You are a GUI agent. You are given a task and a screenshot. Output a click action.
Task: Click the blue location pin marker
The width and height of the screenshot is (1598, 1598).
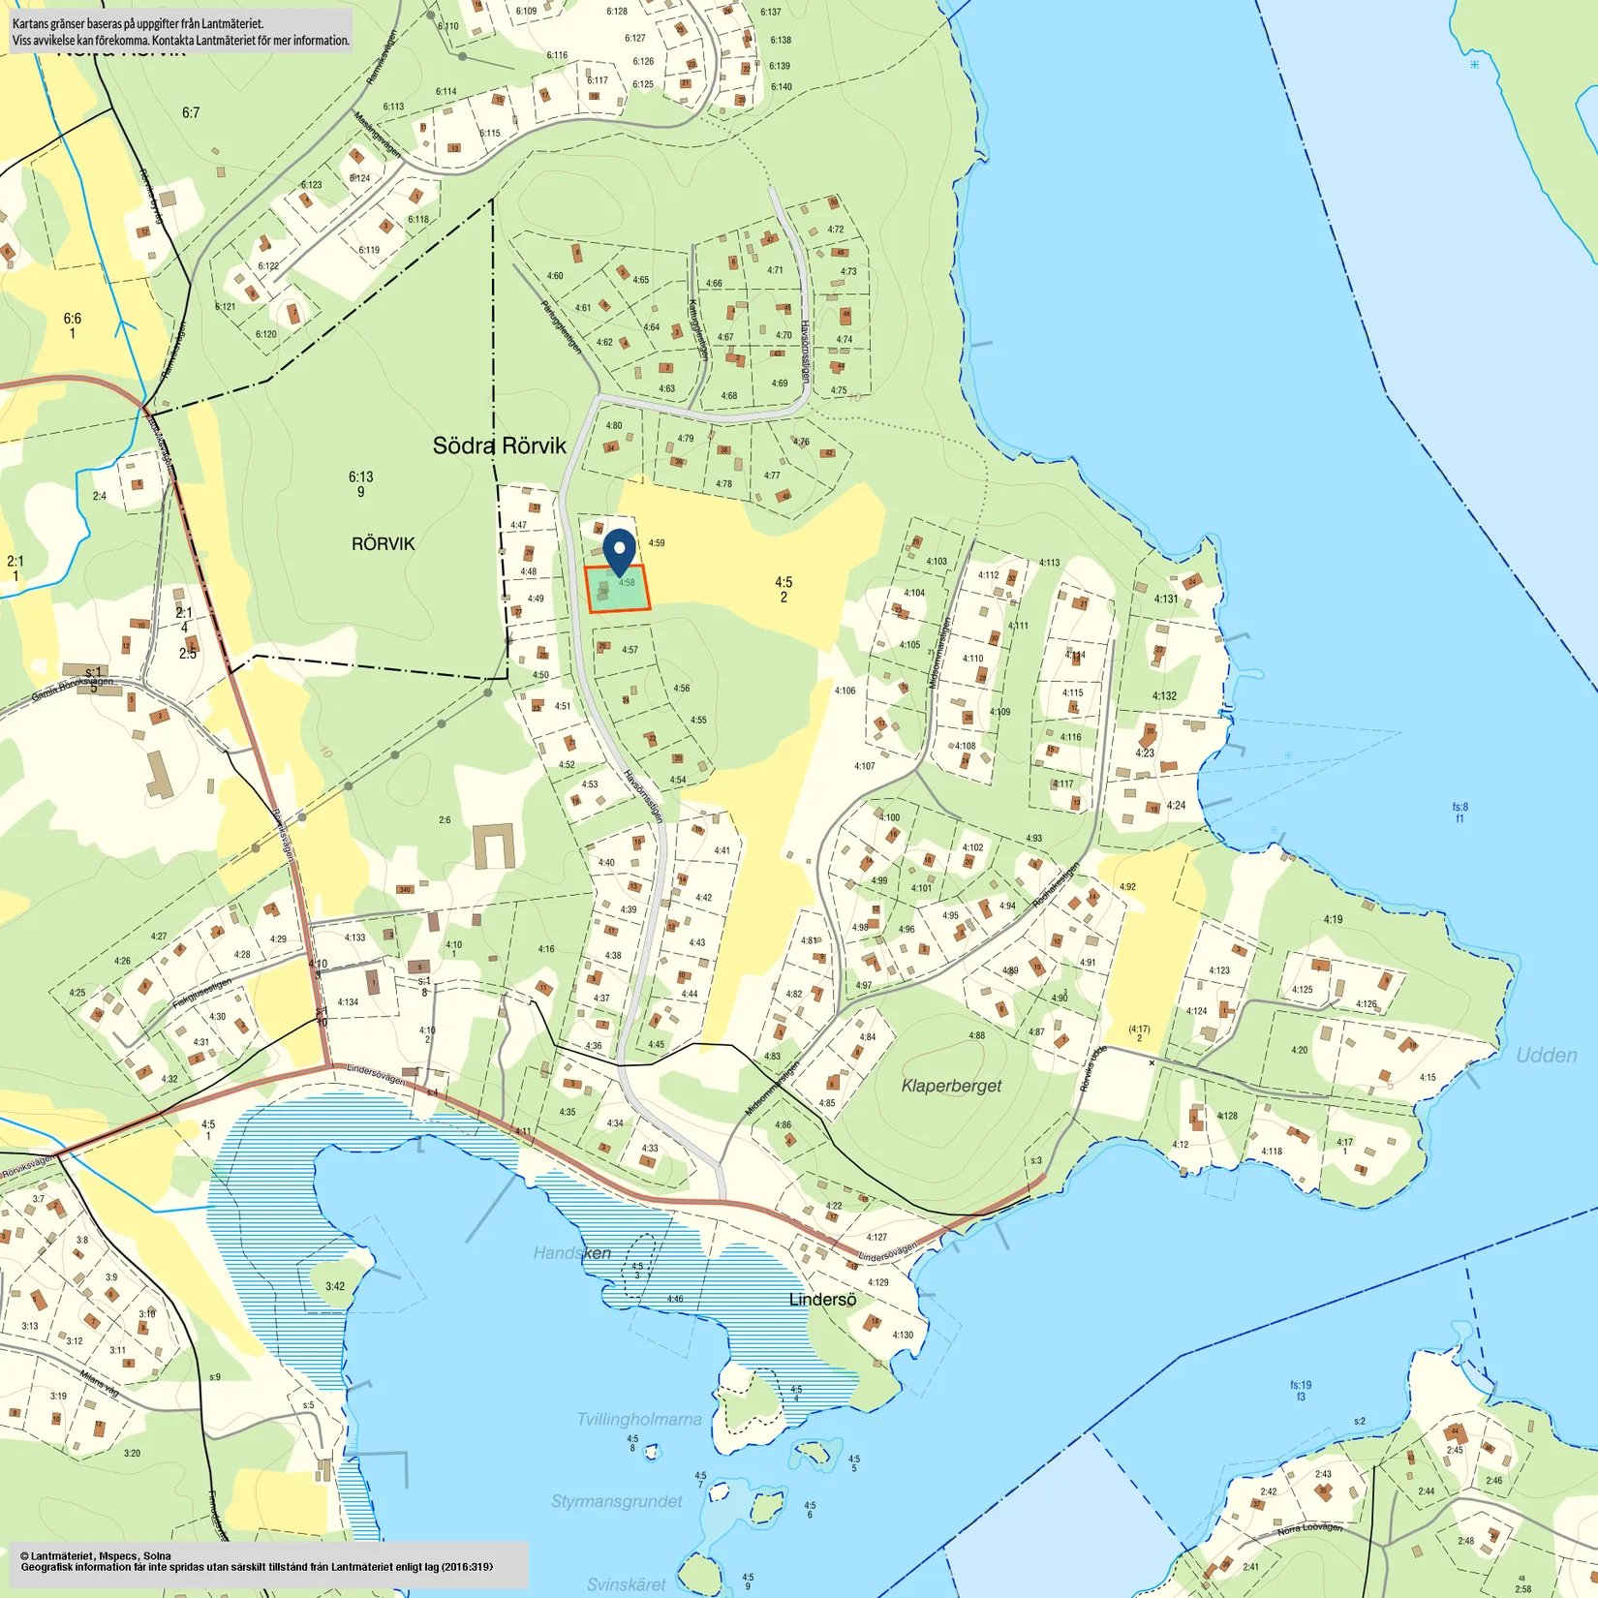619,549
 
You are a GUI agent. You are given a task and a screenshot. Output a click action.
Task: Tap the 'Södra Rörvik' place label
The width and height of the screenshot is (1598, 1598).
499,446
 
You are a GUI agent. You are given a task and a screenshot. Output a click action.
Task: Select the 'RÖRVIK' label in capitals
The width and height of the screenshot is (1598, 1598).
383,543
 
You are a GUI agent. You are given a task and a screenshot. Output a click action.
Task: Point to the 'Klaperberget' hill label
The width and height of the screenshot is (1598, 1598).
951,1086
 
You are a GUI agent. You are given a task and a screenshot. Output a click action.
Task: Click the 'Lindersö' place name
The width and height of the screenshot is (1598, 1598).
822,1300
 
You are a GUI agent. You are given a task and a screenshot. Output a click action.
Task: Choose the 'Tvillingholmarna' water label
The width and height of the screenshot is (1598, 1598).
639,1419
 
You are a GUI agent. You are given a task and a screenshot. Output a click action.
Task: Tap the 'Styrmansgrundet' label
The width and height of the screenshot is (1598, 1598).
616,1501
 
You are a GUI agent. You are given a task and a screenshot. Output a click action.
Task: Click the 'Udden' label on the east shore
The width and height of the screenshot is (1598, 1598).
1546,1056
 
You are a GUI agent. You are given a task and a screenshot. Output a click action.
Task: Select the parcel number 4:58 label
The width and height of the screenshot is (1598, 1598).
627,583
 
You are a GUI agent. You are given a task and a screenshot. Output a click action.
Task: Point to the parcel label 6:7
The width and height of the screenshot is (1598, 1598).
191,113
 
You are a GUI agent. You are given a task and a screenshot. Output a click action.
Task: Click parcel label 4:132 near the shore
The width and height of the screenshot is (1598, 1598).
1164,695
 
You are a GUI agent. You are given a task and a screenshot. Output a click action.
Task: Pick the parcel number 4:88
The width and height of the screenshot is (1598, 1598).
976,1035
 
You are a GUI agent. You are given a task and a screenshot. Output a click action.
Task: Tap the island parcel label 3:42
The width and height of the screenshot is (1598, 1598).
335,1286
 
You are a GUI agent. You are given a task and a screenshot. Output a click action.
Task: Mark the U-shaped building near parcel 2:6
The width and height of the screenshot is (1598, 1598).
494,846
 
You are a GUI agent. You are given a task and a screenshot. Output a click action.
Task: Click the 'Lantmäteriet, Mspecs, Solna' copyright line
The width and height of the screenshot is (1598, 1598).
95,1556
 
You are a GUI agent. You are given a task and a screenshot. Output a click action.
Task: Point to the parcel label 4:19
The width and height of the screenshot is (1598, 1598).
1333,919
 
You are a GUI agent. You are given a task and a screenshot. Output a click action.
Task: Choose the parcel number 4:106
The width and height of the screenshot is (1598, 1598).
845,691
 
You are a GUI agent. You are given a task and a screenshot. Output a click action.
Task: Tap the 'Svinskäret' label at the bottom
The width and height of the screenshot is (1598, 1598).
626,1584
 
